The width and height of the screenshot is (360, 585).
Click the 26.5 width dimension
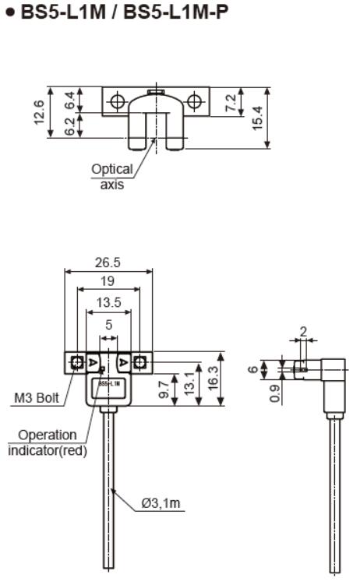pos(108,263)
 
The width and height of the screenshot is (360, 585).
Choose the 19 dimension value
pos(108,280)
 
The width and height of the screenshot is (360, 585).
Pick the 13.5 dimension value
pos(108,301)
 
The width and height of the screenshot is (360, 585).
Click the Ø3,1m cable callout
pos(161,504)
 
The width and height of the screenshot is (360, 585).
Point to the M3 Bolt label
pos(37,398)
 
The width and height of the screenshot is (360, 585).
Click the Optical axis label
pos(112,176)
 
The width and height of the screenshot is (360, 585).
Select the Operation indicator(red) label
pos(48,442)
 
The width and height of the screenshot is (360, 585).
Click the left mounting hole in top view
pos(117,100)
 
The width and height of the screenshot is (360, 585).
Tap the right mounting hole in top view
pos(195,100)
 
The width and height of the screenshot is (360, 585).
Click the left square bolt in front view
pos(76,362)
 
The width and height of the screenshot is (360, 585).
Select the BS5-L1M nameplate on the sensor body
pos(108,383)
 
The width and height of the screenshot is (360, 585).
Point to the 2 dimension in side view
pos(302,332)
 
